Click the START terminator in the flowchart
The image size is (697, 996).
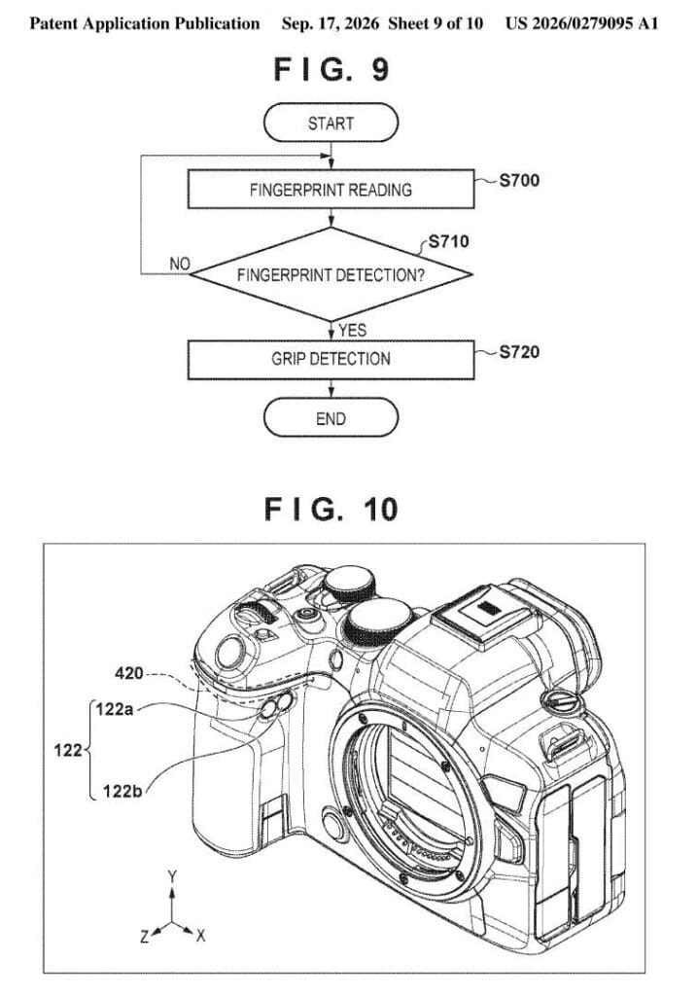pos(331,123)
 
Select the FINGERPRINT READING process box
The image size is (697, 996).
pos(331,190)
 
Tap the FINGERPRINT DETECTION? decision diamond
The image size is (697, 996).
pos(331,274)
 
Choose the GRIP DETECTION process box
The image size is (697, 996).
pos(331,359)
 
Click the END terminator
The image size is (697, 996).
pos(331,418)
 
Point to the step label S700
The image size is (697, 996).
pos(519,180)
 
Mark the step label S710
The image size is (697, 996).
pos(449,241)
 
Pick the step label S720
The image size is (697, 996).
pos(519,352)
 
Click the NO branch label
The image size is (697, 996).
pos(180,264)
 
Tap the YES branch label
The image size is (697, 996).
pos(352,331)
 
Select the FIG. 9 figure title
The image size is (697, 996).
pos(331,69)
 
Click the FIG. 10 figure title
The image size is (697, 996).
pos(331,510)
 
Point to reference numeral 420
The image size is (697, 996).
pos(129,673)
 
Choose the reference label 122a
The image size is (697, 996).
pos(115,709)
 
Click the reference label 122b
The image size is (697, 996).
pos(122,791)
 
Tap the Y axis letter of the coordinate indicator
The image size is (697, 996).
pos(172,877)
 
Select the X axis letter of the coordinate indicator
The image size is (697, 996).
pos(200,935)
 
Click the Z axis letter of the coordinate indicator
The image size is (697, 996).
pos(145,936)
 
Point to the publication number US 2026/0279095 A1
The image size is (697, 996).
pos(581,23)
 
